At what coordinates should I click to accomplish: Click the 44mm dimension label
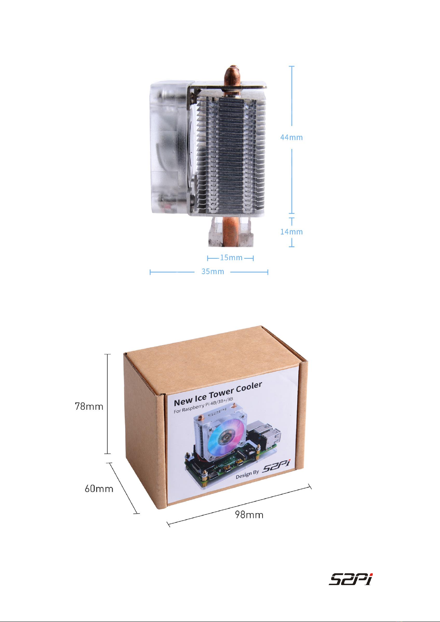tap(291, 137)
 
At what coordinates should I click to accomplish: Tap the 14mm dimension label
tap(291, 231)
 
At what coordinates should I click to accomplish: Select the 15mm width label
tap(231, 258)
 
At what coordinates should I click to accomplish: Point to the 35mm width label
tap(213, 271)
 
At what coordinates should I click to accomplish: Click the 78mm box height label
tap(89, 406)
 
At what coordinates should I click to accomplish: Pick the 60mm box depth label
tap(99, 488)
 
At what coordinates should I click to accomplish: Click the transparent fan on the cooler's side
tap(170, 147)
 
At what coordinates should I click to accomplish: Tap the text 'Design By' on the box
tap(247, 475)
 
